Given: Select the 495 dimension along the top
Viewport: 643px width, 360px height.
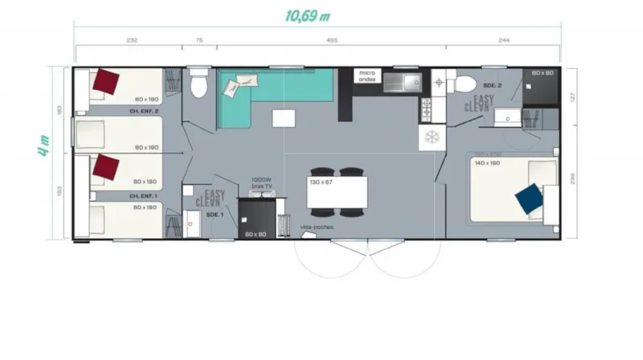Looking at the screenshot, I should pyautogui.click(x=331, y=40).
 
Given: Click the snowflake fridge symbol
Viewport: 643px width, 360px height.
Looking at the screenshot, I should pyautogui.click(x=432, y=137).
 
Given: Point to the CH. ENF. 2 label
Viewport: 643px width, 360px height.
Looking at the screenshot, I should pyautogui.click(x=144, y=111).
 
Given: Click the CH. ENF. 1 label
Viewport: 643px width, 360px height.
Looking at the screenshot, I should pyautogui.click(x=144, y=195).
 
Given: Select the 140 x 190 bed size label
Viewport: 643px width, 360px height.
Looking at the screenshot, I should pyautogui.click(x=488, y=162).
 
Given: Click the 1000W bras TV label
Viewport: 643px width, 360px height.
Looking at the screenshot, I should pyautogui.click(x=261, y=182).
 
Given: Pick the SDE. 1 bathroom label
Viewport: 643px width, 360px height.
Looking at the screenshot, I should pyautogui.click(x=214, y=215).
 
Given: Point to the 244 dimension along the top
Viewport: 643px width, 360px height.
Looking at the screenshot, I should pyautogui.click(x=504, y=40).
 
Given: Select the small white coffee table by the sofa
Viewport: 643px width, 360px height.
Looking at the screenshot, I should pyautogui.click(x=283, y=119).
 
